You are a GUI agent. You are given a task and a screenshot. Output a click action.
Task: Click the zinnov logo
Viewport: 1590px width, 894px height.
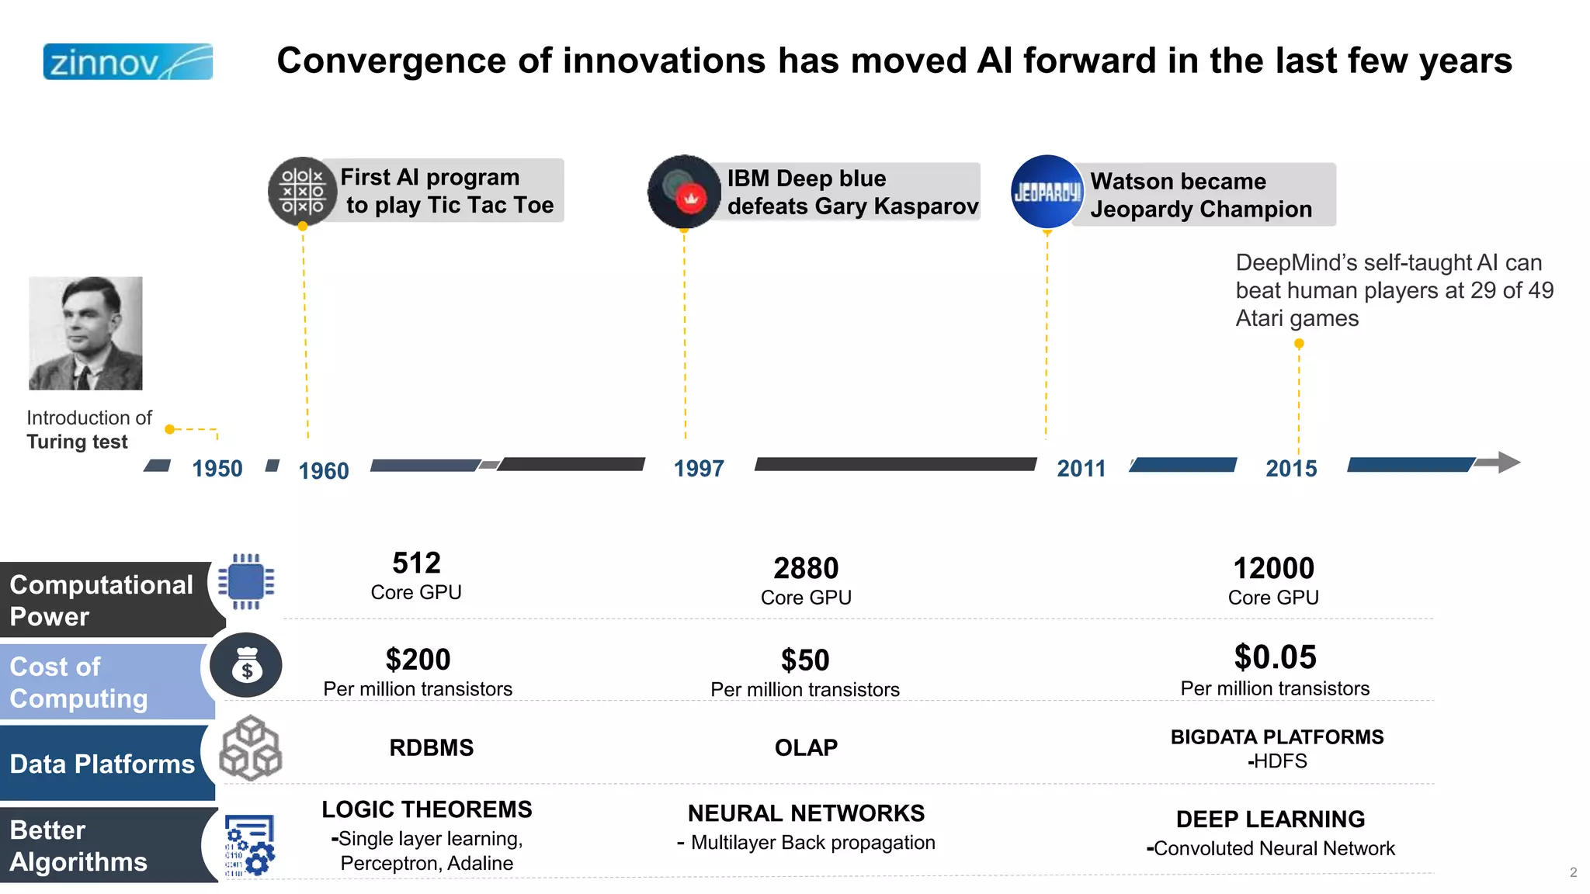128,62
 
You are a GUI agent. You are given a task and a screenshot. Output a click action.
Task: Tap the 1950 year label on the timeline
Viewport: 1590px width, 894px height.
217,468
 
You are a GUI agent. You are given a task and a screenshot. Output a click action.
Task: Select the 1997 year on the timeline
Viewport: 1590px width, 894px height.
699,468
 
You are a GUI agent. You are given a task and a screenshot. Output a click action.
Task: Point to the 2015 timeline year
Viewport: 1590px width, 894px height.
1291,468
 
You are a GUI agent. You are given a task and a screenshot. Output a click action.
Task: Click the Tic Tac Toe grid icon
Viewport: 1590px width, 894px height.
302,191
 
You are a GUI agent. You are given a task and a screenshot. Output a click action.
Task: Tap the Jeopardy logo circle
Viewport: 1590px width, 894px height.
1047,192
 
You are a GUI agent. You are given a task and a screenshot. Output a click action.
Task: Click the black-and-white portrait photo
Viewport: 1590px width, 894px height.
85,333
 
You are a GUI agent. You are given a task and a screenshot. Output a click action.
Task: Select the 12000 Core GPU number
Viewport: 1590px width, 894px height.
1273,568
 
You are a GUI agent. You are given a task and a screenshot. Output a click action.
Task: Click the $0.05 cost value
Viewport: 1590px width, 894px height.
1275,657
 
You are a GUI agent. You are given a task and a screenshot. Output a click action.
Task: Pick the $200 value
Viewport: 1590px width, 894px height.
418,660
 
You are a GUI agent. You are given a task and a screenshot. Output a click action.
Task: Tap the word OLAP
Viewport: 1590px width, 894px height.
806,747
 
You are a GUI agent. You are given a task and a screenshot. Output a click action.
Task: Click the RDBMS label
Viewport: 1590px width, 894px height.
431,747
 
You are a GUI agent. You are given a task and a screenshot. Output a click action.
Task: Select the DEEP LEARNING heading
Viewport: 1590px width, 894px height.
1270,819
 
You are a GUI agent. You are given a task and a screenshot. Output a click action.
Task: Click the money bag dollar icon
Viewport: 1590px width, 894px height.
247,665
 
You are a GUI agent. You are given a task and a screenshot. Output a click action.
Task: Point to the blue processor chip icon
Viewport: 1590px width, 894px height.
246,581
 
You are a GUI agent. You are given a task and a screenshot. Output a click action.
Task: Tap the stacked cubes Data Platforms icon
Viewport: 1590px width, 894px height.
250,748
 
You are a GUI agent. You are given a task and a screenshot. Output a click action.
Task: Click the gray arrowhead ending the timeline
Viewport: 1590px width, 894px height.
1508,463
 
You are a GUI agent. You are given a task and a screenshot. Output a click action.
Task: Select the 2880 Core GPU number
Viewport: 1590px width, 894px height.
806,568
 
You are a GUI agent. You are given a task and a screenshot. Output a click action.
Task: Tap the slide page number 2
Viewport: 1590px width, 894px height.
1573,872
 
